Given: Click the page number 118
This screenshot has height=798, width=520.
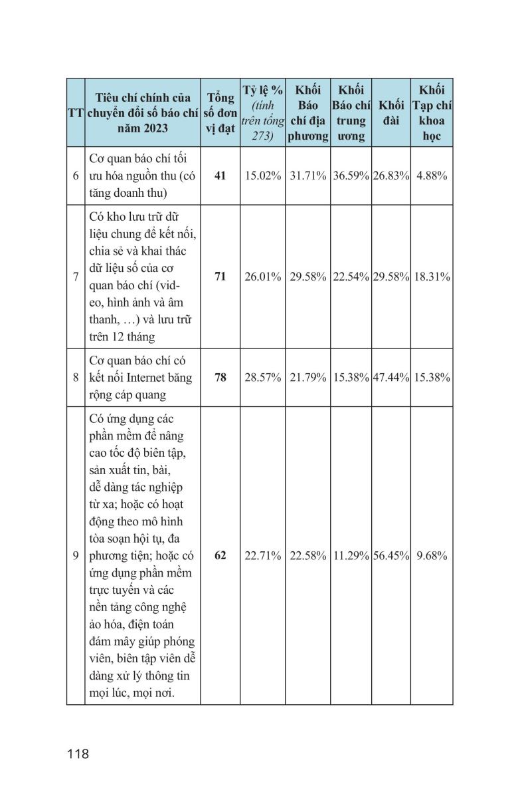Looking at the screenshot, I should click(78, 754).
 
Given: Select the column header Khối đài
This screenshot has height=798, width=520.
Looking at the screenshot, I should click(391, 113).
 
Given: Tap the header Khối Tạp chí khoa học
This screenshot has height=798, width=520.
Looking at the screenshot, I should click(432, 113).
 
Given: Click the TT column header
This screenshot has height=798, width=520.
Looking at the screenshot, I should click(75, 113).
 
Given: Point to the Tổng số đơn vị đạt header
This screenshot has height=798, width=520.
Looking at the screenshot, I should click(220, 113).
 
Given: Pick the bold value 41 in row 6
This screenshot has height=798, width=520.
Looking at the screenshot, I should click(220, 176).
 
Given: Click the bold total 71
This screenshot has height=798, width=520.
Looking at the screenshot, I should click(220, 276).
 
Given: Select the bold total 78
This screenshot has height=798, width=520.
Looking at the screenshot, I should click(220, 377).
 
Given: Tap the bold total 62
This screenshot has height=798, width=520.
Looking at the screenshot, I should click(220, 555).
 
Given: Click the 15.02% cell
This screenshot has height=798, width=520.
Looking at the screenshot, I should click(263, 176).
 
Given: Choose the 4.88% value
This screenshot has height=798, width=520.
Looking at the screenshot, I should click(432, 176).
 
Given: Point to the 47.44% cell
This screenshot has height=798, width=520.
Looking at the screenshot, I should click(391, 377).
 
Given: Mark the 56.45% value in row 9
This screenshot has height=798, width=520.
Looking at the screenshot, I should click(391, 555).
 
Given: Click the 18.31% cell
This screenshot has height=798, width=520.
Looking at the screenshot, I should click(432, 276).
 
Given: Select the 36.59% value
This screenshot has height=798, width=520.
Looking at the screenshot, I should click(351, 176).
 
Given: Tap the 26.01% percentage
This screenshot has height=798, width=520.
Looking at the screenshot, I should click(263, 276).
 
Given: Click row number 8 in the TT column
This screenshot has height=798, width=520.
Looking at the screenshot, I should click(76, 377).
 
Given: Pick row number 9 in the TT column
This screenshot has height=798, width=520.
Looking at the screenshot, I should click(76, 555).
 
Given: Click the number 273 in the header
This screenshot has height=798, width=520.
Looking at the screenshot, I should click(253, 136).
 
